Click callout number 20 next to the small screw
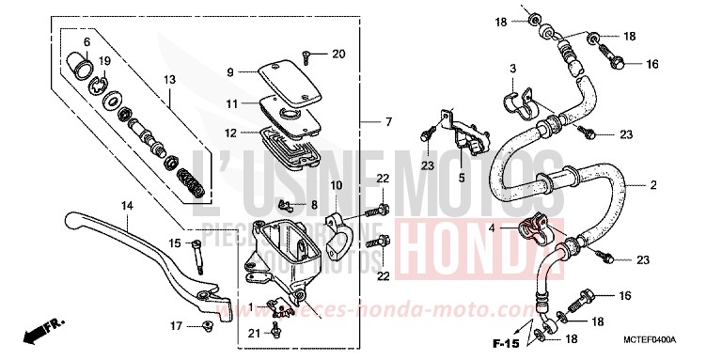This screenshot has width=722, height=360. click(338, 53)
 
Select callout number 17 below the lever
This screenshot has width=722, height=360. click(176, 326)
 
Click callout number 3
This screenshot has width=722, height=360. click(513, 69)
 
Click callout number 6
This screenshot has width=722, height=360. click(86, 42)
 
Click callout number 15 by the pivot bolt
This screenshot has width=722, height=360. click(176, 244)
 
